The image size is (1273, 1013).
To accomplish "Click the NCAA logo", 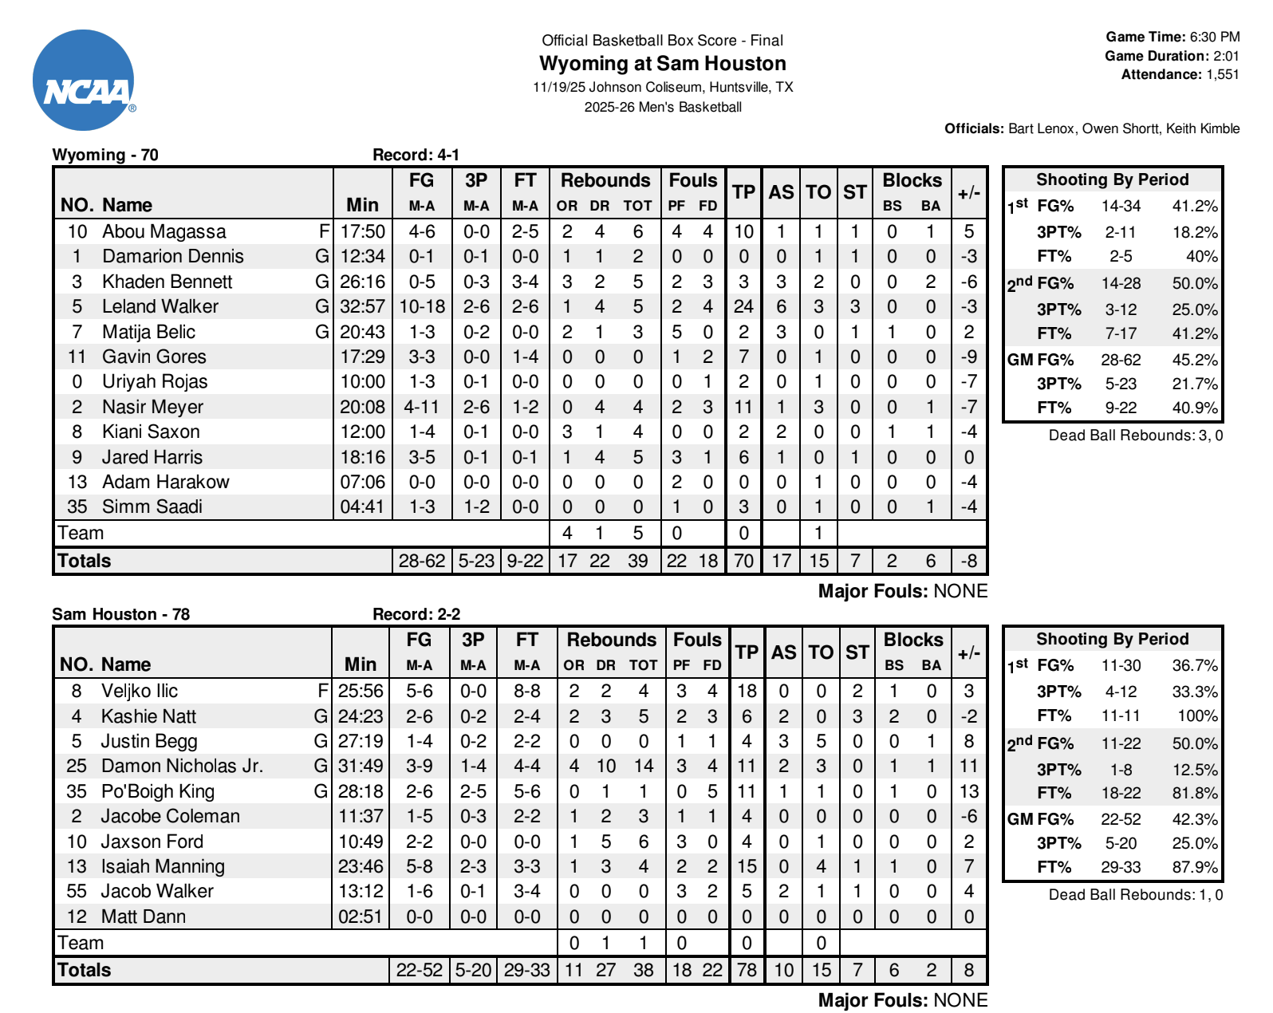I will point(84,81).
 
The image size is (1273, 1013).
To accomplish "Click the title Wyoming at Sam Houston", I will point(662,64).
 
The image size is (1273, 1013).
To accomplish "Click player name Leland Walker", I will point(160,307).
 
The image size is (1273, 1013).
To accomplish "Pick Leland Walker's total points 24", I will point(743,307).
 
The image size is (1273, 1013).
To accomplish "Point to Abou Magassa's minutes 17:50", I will point(362,232).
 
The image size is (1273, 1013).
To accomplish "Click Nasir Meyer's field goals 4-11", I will point(421,407).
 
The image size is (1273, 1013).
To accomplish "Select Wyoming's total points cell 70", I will point(743,561).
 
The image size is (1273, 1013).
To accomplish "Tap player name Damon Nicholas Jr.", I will point(182,767).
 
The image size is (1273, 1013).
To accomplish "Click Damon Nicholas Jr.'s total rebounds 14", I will point(643,767).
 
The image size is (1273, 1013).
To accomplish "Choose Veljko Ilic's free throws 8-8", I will point(526,692).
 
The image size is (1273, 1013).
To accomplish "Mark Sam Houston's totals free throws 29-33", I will point(526,971).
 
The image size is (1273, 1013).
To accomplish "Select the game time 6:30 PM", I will point(1214,37).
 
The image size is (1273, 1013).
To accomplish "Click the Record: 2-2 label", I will point(416,614).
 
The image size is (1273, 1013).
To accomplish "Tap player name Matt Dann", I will point(143,917).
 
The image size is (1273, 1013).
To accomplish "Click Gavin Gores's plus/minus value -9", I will point(968,357).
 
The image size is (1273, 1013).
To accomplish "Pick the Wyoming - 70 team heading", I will point(105,155).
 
